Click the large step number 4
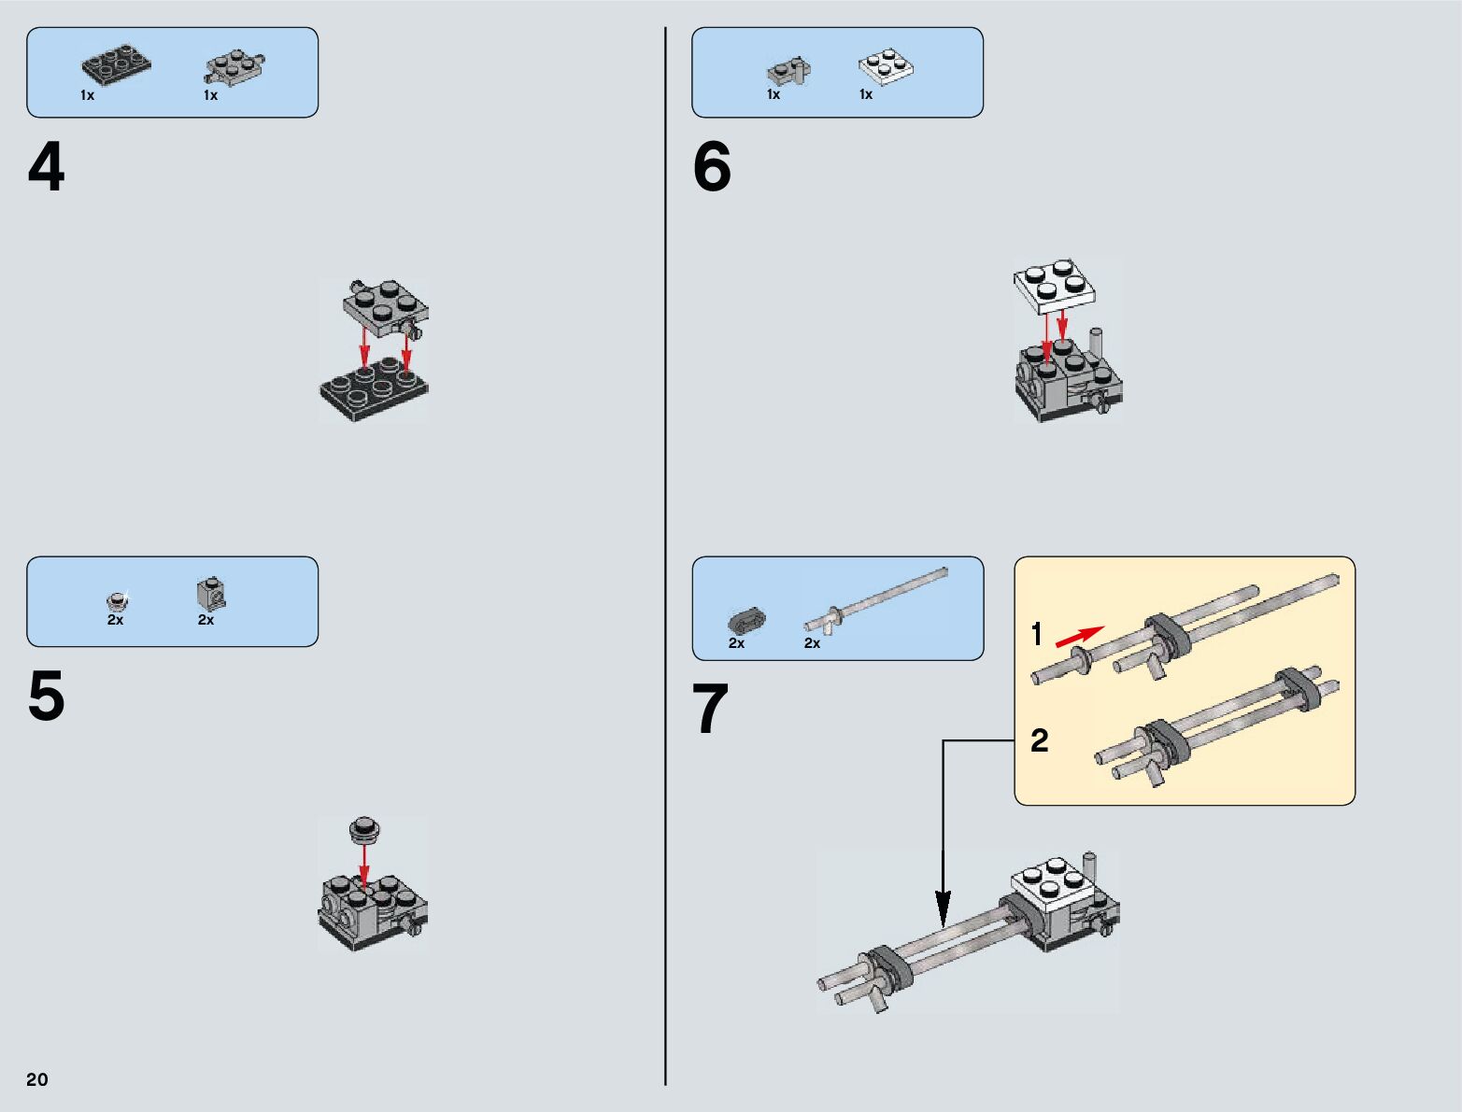tap(47, 169)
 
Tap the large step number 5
tap(47, 697)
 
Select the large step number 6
tap(712, 169)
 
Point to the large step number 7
tap(710, 711)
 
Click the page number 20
tap(37, 1079)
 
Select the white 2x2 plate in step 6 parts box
tap(885, 65)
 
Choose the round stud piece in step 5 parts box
tap(117, 600)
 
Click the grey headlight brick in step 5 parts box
tap(211, 592)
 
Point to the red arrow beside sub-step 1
tap(1079, 637)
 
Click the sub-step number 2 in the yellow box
tap(1039, 741)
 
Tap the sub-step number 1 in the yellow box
tap(1036, 635)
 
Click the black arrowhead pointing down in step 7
tap(944, 904)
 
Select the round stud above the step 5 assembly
tap(364, 827)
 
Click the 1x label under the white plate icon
tap(866, 94)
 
